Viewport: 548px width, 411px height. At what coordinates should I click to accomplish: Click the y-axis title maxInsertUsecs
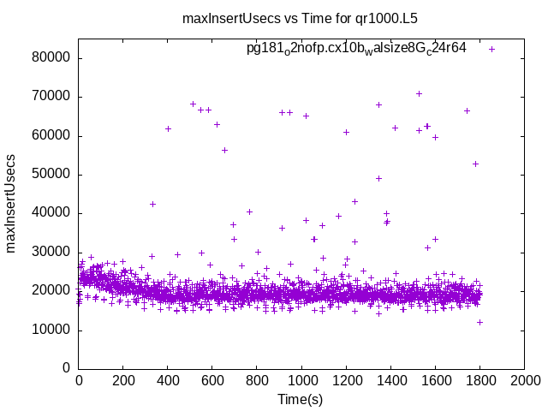pyautogui.click(x=12, y=203)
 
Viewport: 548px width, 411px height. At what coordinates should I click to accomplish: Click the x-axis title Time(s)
pyautogui.click(x=301, y=399)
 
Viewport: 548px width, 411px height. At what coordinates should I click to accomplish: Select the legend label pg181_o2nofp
pyautogui.click(x=356, y=49)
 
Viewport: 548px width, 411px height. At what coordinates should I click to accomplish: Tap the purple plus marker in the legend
pyautogui.click(x=491, y=49)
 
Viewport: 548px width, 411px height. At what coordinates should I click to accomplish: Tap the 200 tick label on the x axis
pyautogui.click(x=123, y=382)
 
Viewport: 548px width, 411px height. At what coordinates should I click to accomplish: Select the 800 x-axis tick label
pyautogui.click(x=257, y=382)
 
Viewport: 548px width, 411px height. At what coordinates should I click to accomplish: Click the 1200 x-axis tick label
pyautogui.click(x=346, y=382)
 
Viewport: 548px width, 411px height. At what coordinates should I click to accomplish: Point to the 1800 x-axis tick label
pyautogui.click(x=479, y=382)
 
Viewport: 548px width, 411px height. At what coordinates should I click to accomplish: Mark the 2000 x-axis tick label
pyautogui.click(x=524, y=382)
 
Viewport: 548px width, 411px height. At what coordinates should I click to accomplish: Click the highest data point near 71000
pyautogui.click(x=419, y=93)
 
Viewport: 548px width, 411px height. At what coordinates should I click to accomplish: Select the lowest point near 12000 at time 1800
pyautogui.click(x=479, y=322)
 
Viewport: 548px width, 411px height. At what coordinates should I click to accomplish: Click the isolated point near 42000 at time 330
pyautogui.click(x=152, y=204)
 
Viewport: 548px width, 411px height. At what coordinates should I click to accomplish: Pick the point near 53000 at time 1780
pyautogui.click(x=475, y=164)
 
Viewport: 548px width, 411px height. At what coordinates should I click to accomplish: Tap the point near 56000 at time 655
pyautogui.click(x=224, y=150)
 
